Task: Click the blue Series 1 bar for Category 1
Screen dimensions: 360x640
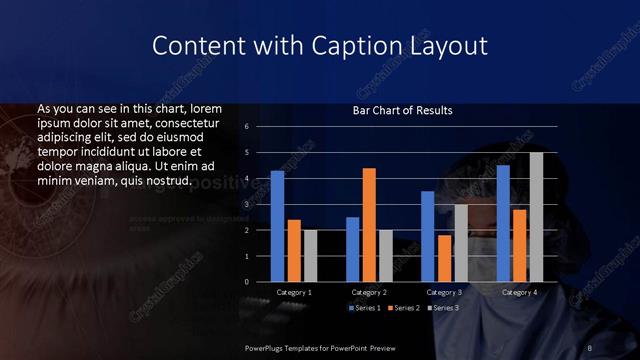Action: [277, 226]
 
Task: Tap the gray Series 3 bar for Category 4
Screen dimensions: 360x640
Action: [536, 217]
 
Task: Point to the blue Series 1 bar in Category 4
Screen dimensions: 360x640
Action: [503, 223]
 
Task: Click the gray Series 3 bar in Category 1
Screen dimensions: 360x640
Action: [310, 255]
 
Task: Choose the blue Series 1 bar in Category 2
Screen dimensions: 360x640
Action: [352, 249]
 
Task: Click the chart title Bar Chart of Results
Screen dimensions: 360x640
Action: [403, 110]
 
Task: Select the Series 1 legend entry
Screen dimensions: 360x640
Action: [364, 308]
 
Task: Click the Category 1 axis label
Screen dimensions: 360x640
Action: [294, 292]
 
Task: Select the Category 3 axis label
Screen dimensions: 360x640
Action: [444, 292]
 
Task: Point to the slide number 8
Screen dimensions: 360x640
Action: [590, 347]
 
